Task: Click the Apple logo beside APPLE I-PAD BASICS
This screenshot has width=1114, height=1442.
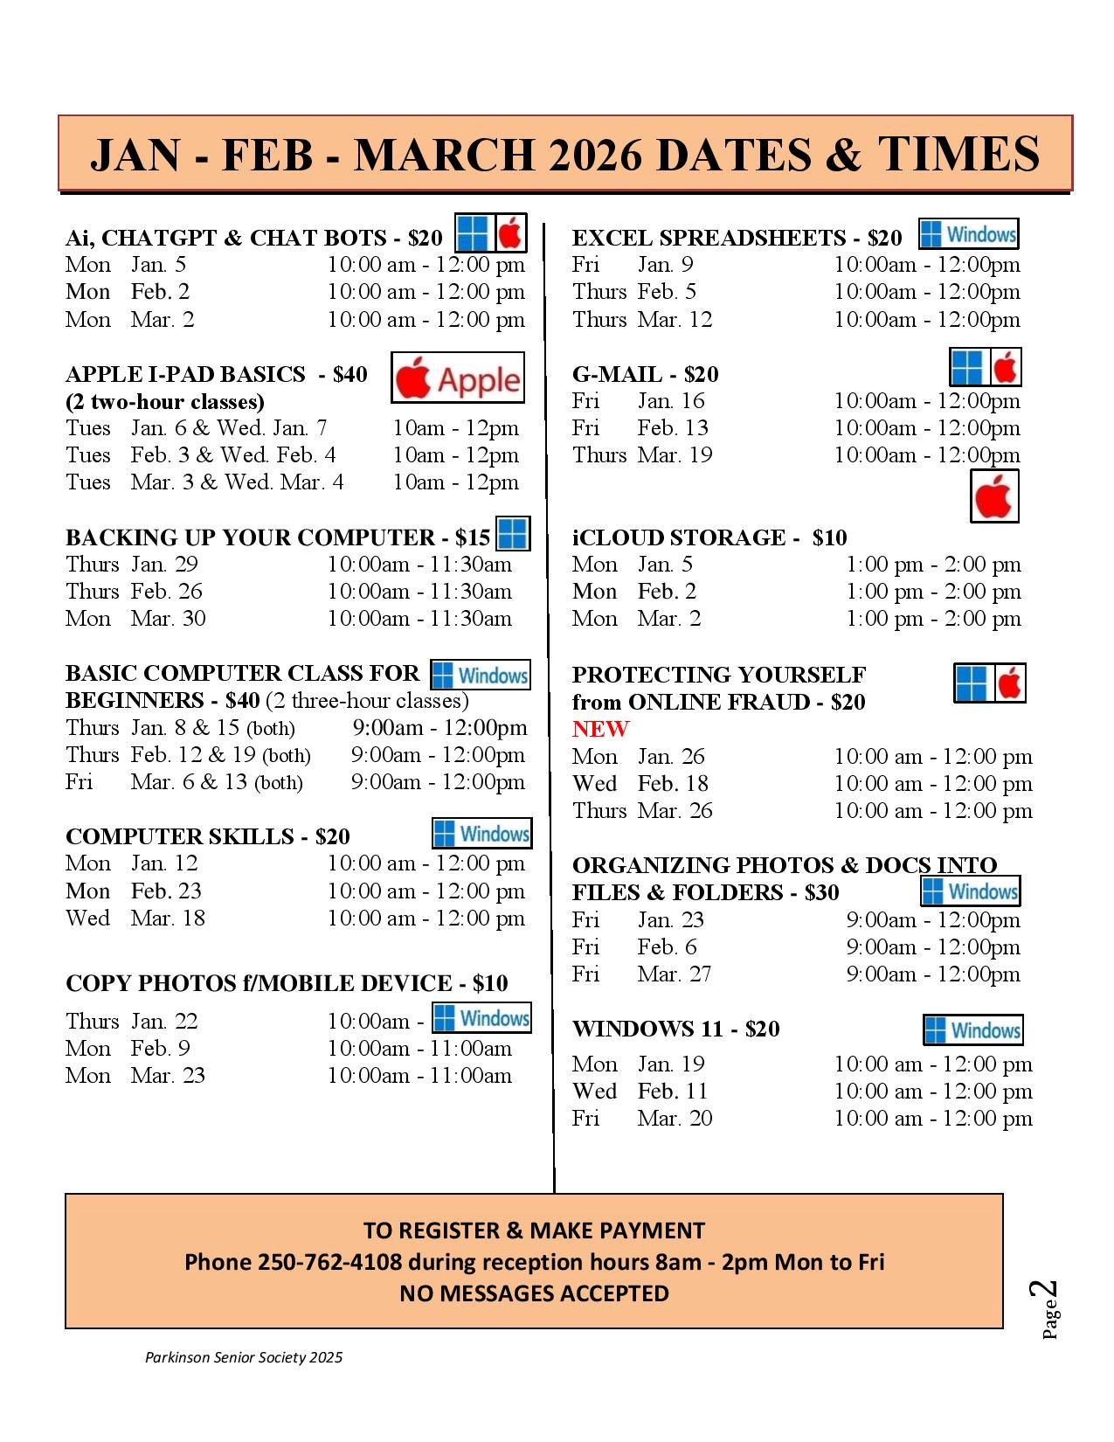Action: [457, 378]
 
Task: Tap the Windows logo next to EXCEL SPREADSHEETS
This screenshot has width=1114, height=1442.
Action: [968, 234]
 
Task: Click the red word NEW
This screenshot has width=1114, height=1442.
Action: [600, 729]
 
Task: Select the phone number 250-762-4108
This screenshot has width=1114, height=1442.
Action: [329, 1262]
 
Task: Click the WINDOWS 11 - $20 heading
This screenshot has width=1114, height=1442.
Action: [675, 1029]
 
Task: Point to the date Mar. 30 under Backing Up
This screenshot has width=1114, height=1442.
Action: [168, 619]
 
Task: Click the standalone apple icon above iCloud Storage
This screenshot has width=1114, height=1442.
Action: [994, 496]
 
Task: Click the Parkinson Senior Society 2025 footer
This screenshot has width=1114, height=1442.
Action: [244, 1357]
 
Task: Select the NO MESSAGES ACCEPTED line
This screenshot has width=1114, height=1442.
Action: [534, 1293]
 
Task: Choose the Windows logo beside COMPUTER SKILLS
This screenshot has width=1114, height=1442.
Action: [481, 834]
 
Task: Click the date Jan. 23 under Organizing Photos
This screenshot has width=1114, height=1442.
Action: [670, 920]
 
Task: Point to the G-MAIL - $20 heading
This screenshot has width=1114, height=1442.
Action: [645, 375]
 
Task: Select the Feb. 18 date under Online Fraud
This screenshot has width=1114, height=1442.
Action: [672, 784]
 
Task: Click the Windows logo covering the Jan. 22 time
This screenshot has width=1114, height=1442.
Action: [481, 1018]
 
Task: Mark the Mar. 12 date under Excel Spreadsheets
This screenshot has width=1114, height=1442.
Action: [675, 320]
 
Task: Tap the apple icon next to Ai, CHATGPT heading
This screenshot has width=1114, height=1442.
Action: [511, 233]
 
